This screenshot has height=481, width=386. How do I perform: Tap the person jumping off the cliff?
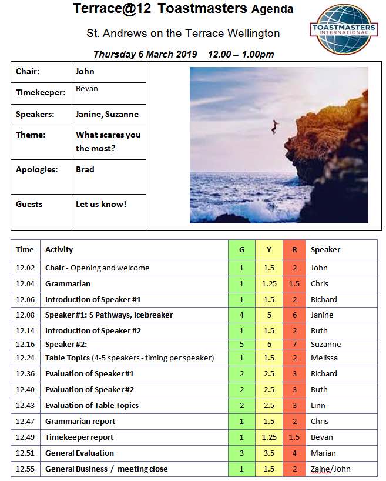(274, 126)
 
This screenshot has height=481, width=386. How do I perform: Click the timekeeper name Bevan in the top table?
(87, 89)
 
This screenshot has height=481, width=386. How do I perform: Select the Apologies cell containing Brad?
(85, 169)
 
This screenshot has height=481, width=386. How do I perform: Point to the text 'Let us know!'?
(101, 204)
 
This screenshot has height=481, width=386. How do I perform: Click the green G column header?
(241, 249)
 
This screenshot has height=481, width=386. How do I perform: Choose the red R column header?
(294, 249)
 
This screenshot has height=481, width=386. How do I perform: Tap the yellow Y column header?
(268, 249)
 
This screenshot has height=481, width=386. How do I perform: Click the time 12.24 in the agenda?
(25, 358)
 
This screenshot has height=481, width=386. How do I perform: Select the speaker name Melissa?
(325, 358)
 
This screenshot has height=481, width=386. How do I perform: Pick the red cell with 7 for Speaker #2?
(294, 344)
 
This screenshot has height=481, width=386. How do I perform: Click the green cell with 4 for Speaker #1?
(241, 315)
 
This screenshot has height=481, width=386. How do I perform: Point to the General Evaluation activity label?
(79, 453)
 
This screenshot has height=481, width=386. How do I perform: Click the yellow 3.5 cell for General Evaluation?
(268, 453)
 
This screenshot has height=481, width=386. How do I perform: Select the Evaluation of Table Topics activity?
(92, 405)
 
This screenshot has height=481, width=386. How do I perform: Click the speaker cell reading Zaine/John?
(331, 469)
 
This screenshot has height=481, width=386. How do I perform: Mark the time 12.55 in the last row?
(25, 469)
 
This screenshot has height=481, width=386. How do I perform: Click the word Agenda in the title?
(272, 9)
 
